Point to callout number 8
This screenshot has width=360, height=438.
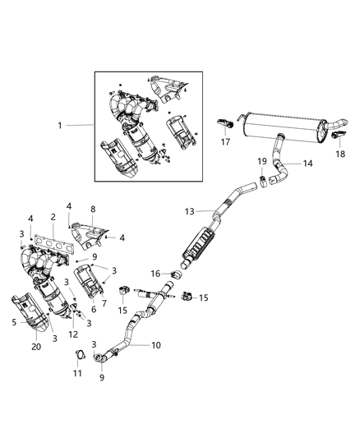[93, 209]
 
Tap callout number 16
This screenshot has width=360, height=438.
[155, 273]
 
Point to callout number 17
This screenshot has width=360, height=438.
[223, 141]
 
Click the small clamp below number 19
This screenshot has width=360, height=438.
[262, 179]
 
